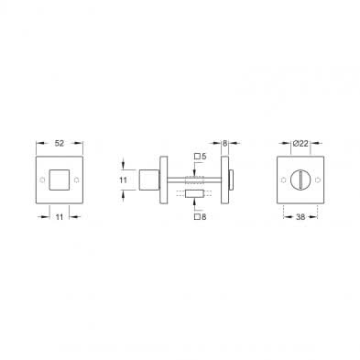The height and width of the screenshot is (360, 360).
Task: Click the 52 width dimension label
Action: click(x=60, y=143)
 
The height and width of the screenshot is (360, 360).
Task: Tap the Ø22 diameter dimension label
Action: click(x=300, y=143)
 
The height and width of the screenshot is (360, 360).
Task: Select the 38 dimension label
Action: click(x=300, y=217)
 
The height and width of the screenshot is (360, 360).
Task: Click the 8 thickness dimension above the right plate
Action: click(x=225, y=143)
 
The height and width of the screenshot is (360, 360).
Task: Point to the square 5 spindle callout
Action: click(x=201, y=157)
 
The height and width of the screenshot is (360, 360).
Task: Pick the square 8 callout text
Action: click(x=201, y=217)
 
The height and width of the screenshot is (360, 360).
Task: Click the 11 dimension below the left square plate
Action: click(x=60, y=217)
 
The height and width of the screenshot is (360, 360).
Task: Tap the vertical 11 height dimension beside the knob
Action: click(x=123, y=180)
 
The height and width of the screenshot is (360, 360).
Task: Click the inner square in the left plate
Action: click(x=60, y=180)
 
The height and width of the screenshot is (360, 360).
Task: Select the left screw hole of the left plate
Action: click(x=42, y=180)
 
